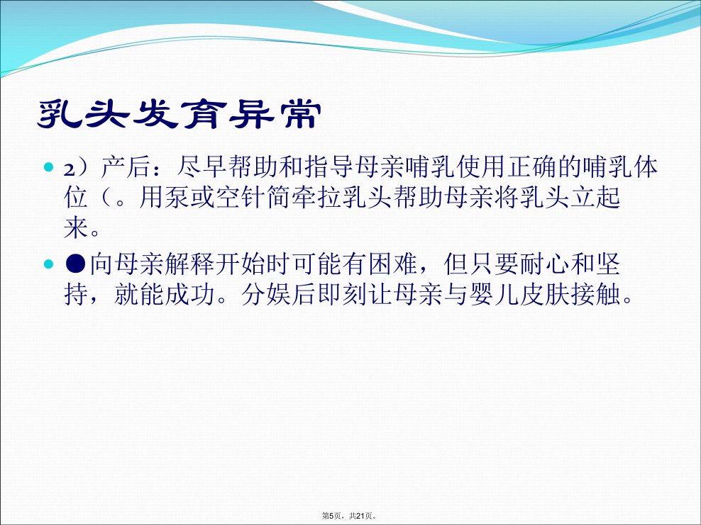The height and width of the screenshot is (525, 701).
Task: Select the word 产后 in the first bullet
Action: tap(126, 168)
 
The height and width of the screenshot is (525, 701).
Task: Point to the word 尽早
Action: tap(202, 168)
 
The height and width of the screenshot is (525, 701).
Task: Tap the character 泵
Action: tap(177, 198)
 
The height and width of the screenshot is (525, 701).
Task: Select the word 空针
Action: tap(240, 198)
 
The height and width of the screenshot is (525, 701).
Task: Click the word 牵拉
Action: tap(316, 198)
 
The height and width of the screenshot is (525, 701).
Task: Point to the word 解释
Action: tap(189, 264)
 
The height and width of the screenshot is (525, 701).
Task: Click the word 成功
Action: tap(189, 295)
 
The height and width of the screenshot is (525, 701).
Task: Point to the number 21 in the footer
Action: tap(360, 516)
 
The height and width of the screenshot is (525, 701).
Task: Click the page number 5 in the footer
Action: tap(331, 516)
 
